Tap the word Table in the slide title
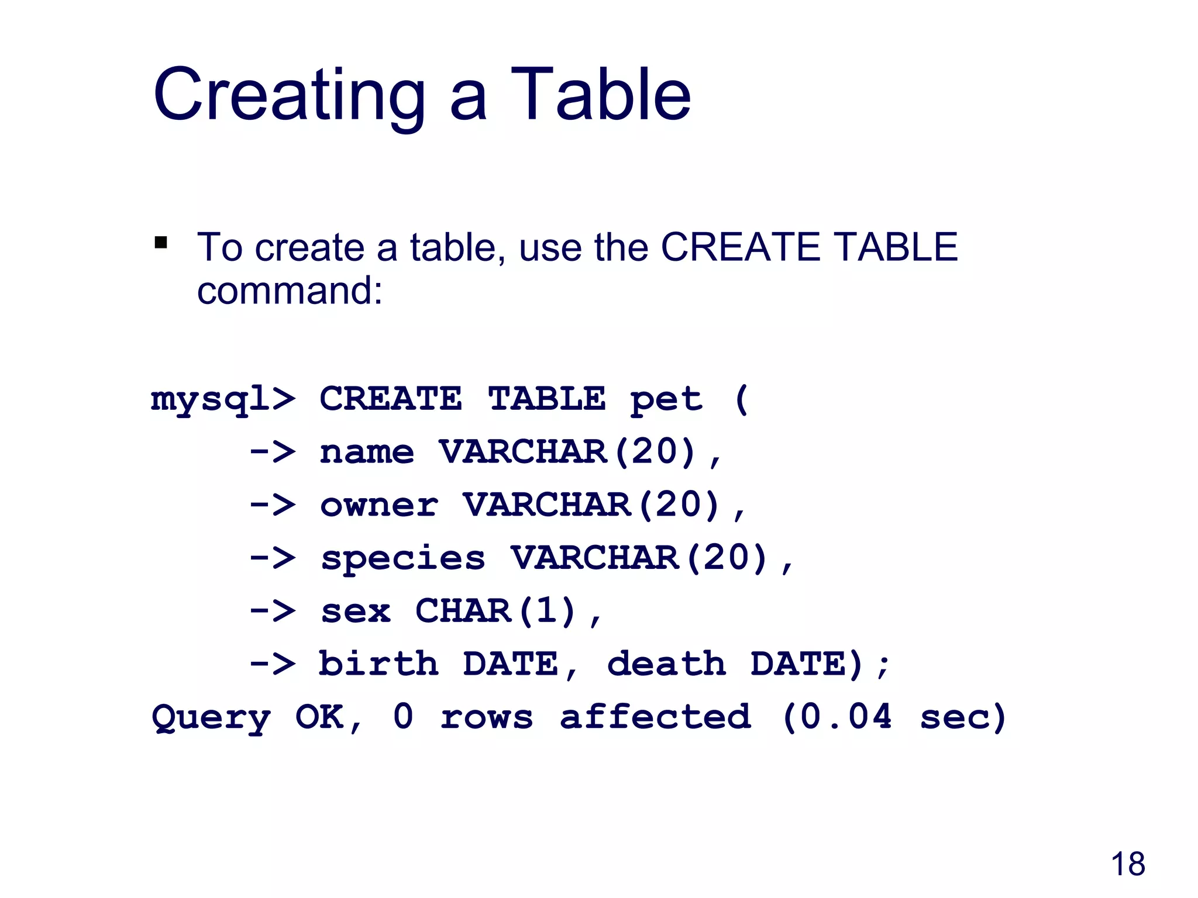coord(601,95)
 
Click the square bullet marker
coord(161,242)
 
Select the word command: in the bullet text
coord(290,291)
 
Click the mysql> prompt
coord(223,400)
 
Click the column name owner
coord(378,505)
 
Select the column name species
coord(403,558)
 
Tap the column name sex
coord(356,612)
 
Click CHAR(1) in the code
coord(496,611)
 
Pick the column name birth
coord(378,664)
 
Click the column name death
coord(666,664)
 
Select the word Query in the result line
coord(211,718)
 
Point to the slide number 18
coord(1127,864)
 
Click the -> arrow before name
coord(273,452)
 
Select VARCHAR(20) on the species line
coord(639,558)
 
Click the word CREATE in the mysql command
coord(391,399)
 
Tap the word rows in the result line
coord(487,717)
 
